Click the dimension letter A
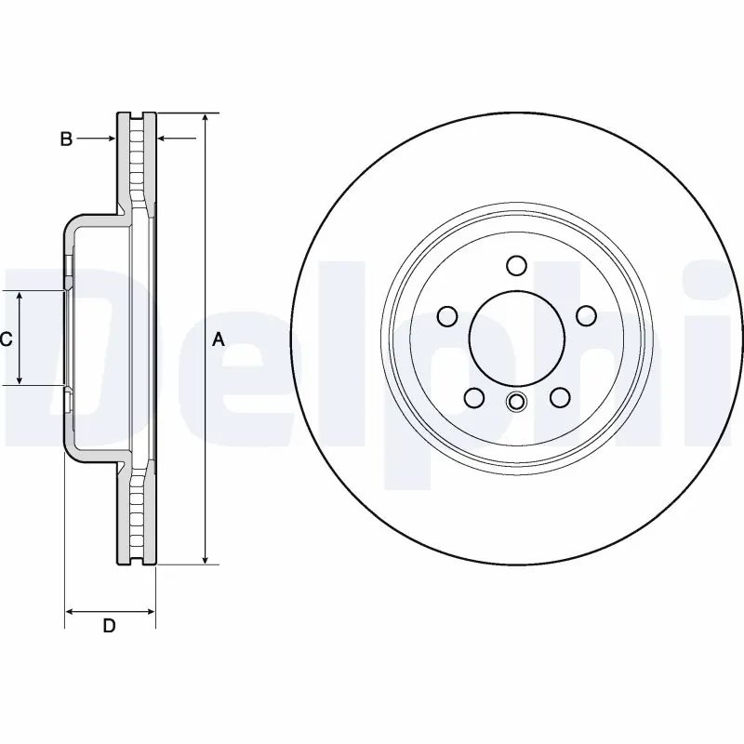point(219,339)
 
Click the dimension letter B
point(66,139)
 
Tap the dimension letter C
point(6,339)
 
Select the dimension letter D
point(109,626)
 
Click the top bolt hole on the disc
point(516,266)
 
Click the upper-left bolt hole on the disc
point(447,316)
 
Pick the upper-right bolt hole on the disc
point(586,316)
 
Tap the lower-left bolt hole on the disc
point(473,398)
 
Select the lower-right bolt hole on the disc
point(560,398)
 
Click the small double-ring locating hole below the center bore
point(516,402)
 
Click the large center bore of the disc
point(516,339)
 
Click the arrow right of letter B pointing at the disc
point(109,139)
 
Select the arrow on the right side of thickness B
point(164,139)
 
